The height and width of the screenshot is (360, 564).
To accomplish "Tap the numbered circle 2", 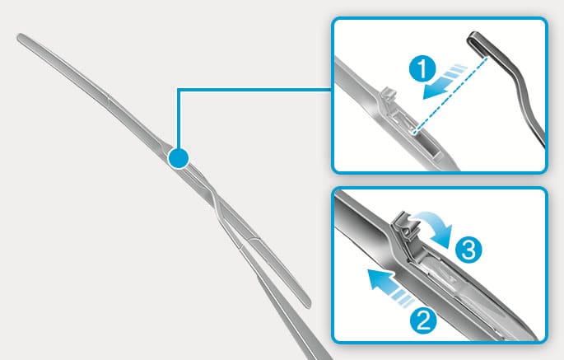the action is (423, 321).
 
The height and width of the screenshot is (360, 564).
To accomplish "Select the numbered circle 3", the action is (468, 250).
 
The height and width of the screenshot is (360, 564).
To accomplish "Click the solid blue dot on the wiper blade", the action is (178, 158).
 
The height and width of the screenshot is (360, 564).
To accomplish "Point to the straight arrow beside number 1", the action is (445, 82).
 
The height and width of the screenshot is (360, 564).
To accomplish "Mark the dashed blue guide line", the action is (451, 95).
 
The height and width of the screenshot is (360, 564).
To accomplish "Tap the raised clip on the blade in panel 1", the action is (388, 96).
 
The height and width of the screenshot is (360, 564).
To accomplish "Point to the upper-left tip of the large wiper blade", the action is (20, 36).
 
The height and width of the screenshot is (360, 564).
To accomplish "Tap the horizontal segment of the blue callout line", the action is (254, 89).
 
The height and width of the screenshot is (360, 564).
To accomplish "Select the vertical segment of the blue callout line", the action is (178, 118).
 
